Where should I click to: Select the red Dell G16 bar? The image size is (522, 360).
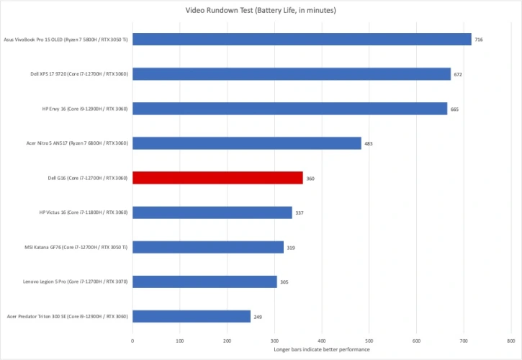[217, 178]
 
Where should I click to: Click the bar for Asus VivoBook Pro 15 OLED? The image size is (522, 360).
[302, 40]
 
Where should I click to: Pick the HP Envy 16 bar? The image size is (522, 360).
[289, 109]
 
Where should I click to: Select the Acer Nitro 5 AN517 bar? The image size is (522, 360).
[247, 143]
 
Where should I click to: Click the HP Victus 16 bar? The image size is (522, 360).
[212, 212]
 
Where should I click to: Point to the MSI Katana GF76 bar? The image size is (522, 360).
[208, 247]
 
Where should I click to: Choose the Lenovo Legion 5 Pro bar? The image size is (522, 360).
[204, 282]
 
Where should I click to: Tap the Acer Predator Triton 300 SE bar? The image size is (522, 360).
[192, 316]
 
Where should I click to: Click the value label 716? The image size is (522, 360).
[478, 40]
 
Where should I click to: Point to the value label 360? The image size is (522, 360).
[310, 179]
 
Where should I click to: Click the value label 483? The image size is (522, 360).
[368, 144]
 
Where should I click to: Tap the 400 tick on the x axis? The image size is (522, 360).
[322, 341]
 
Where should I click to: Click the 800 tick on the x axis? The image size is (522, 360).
[511, 341]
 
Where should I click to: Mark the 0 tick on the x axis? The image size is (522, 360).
[132, 341]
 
